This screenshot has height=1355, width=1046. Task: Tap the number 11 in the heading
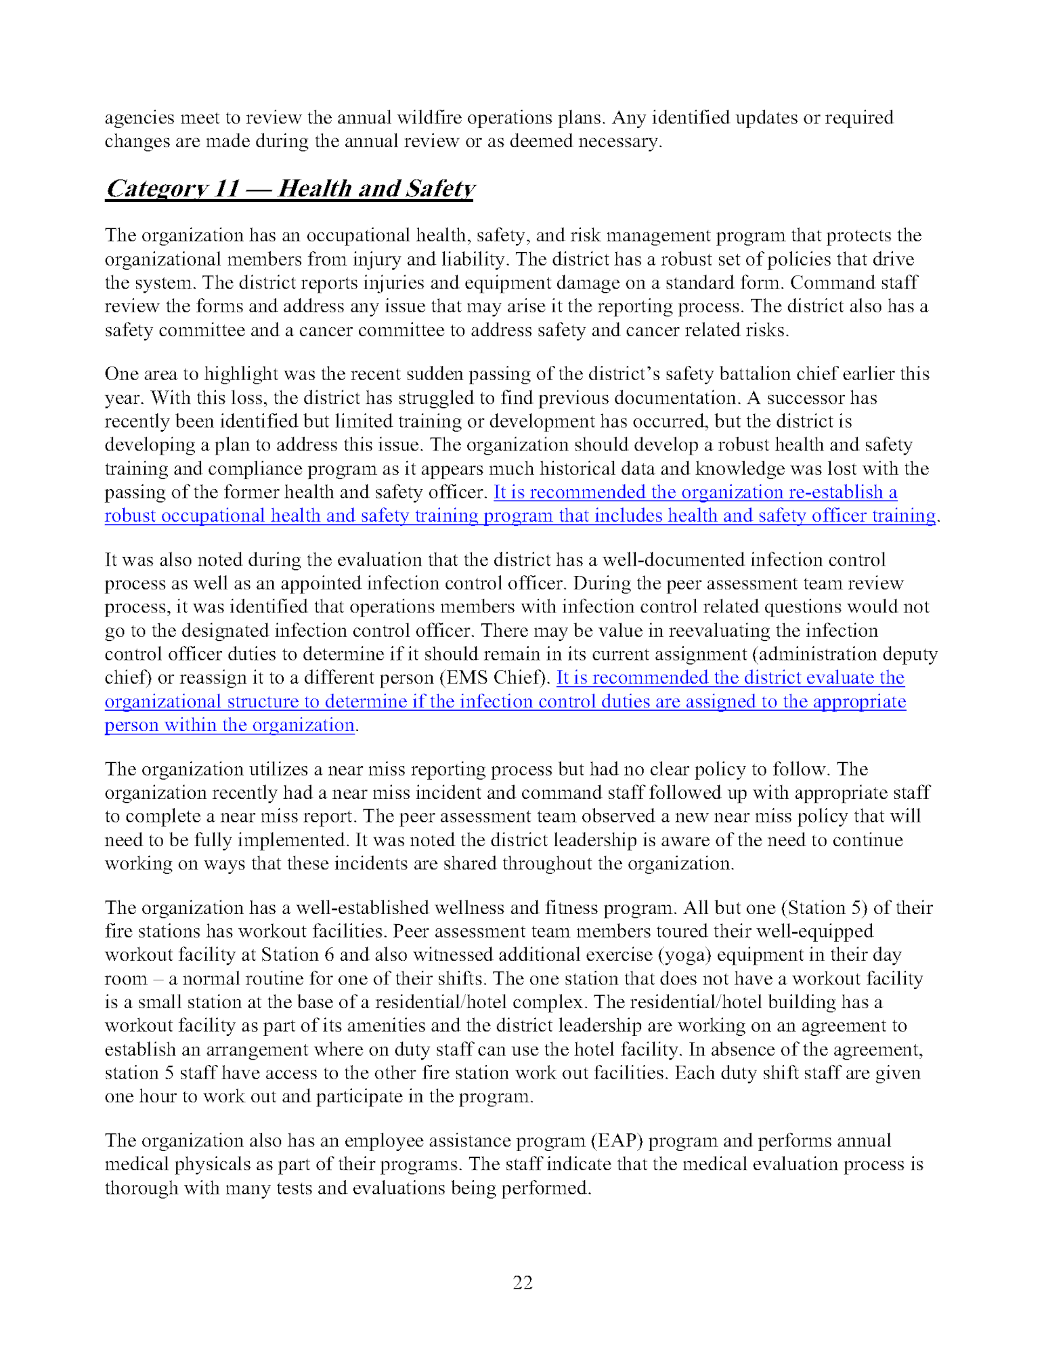pyautogui.click(x=225, y=188)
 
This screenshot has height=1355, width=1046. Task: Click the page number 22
pyautogui.click(x=523, y=1282)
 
